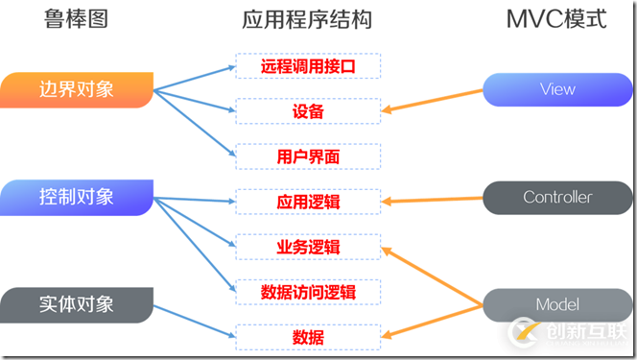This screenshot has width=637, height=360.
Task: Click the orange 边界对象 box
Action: point(77,90)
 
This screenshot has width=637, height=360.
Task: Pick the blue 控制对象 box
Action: point(77,198)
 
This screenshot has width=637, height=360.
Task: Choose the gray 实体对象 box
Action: point(77,305)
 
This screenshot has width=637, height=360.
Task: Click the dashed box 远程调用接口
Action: point(308,66)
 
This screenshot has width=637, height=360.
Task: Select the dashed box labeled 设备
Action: point(308,111)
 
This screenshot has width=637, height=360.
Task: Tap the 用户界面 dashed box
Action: point(308,156)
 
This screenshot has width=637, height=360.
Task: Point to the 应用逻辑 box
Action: point(308,202)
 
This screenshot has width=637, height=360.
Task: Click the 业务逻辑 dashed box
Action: point(308,247)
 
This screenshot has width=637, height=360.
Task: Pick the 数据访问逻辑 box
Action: point(308,292)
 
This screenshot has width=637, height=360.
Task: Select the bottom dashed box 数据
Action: point(308,337)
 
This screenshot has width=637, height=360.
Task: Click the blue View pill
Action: point(557,89)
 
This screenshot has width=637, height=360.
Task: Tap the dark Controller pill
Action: point(557,198)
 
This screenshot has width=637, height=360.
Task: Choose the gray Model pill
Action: point(557,305)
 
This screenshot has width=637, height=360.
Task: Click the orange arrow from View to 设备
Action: point(432,101)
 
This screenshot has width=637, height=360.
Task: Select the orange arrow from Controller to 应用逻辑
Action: point(432,200)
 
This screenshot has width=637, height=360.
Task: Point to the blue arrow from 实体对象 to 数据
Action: point(197,322)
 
